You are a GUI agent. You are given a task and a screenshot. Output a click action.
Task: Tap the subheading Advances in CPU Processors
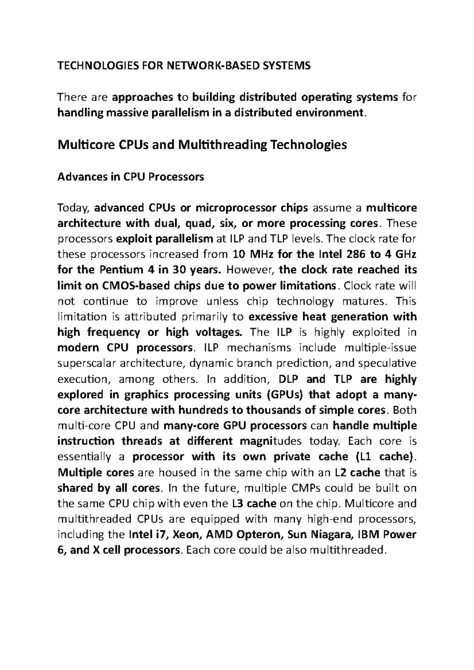pyautogui.click(x=131, y=177)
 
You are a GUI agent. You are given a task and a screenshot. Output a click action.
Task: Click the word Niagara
pyautogui.click(x=330, y=535)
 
